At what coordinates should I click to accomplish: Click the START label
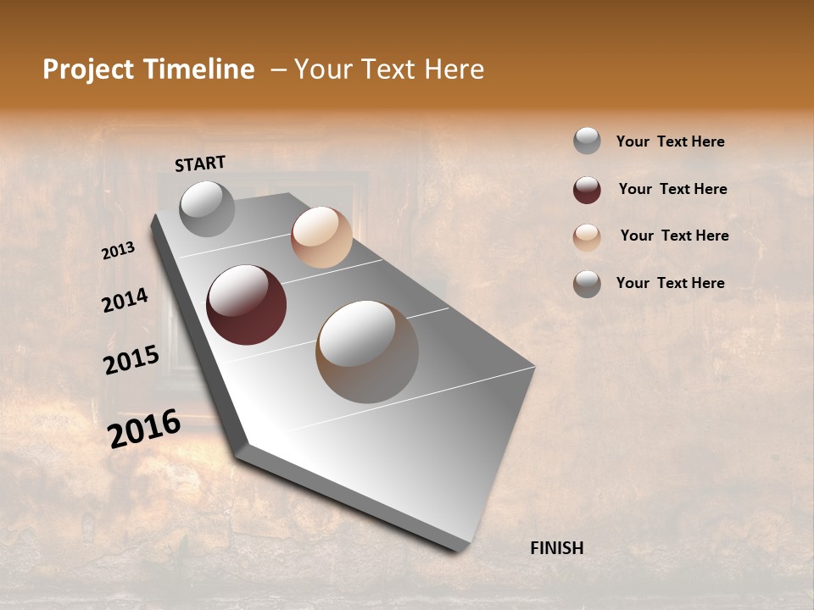[x=200, y=164]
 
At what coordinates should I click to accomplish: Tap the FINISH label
[x=557, y=548]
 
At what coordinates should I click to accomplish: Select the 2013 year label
[x=118, y=251]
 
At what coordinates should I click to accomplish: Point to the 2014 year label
[x=125, y=300]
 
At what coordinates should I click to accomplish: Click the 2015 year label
[x=131, y=360]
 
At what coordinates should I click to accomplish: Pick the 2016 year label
[x=144, y=429]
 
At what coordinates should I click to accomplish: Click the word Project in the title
[x=87, y=69]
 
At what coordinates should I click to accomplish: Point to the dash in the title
[x=277, y=69]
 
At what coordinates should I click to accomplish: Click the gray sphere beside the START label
[x=207, y=208]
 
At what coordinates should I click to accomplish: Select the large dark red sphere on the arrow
[x=246, y=305]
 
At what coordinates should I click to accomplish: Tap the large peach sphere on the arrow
[x=321, y=237]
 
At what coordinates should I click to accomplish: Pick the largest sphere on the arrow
[x=367, y=352]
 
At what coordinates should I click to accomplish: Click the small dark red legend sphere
[x=587, y=190]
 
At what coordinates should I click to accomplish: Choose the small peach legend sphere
[x=587, y=237]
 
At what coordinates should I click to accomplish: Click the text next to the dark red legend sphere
[x=672, y=189]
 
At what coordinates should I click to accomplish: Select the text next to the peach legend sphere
[x=674, y=236]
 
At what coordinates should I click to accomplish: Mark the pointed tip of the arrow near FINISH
[x=459, y=551]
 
